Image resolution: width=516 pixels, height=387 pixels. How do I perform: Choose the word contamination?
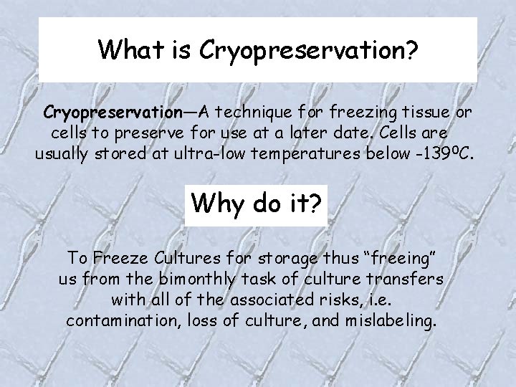coord(118,320)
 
